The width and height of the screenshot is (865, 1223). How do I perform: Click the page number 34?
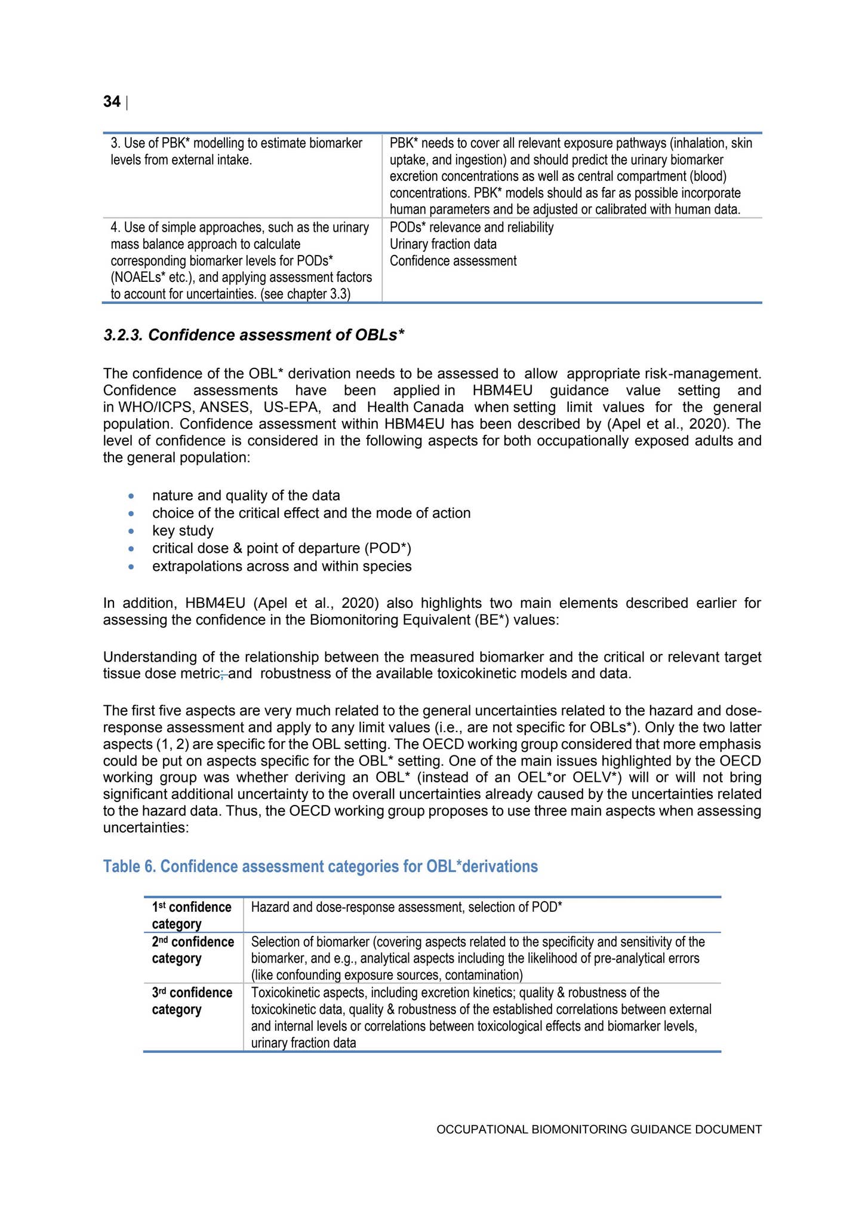112,102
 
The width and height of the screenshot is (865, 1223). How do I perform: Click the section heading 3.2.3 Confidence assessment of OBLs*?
254,335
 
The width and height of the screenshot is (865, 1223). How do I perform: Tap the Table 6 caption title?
320,866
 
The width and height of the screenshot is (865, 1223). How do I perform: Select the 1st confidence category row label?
192,915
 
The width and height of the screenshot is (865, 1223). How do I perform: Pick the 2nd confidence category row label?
193,950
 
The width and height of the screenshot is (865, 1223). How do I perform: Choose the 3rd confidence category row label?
192,1001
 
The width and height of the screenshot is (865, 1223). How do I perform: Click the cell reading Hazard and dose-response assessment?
406,908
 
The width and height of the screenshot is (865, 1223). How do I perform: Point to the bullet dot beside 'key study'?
131,531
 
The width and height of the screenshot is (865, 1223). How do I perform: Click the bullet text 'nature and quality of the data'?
246,496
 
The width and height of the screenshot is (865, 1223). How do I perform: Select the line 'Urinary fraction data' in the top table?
443,244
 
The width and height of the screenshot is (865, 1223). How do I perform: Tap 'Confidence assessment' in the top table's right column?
453,261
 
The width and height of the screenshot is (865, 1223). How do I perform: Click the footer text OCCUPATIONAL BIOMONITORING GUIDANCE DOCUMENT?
599,1129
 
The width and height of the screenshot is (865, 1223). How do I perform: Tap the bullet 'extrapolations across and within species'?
282,566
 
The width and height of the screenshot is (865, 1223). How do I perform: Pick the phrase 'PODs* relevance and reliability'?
472,228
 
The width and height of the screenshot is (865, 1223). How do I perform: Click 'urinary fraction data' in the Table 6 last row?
303,1043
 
